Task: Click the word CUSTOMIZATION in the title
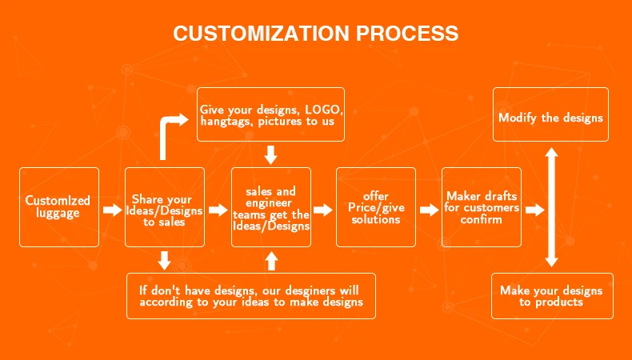[262, 34]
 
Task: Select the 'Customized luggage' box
[58, 207]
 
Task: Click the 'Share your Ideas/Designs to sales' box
[164, 207]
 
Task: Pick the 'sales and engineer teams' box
[271, 207]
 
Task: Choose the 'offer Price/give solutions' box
[376, 207]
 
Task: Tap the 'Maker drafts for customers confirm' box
[482, 207]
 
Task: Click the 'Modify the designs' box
[550, 118]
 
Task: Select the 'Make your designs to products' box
[550, 296]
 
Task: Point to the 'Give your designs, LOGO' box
[271, 114]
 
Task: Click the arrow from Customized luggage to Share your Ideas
[112, 210]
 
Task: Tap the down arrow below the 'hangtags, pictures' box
[271, 154]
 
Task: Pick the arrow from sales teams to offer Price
[322, 210]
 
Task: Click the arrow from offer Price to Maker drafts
[429, 210]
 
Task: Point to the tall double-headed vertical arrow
[550, 206]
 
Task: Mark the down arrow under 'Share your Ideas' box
[164, 260]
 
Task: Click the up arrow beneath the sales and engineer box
[271, 260]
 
